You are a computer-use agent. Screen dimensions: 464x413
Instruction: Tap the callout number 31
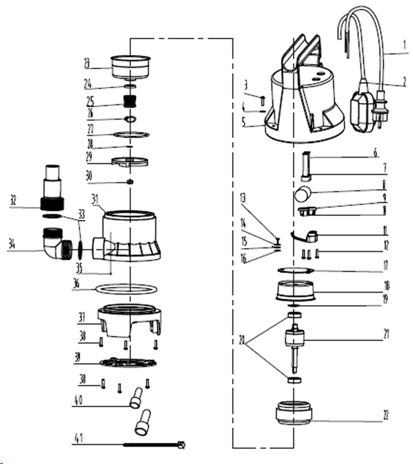pyautogui.click(x=95, y=199)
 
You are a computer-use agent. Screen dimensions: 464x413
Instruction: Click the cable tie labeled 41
pyautogui.click(x=153, y=445)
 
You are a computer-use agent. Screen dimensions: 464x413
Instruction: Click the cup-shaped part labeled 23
pyautogui.click(x=131, y=66)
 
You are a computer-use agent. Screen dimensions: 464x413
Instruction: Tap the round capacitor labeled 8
pyautogui.click(x=303, y=193)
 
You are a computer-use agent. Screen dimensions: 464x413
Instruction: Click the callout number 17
pyautogui.click(x=385, y=266)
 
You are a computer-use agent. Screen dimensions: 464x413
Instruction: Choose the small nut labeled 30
pyautogui.click(x=130, y=181)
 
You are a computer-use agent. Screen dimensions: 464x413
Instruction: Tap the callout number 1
pyautogui.click(x=404, y=46)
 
